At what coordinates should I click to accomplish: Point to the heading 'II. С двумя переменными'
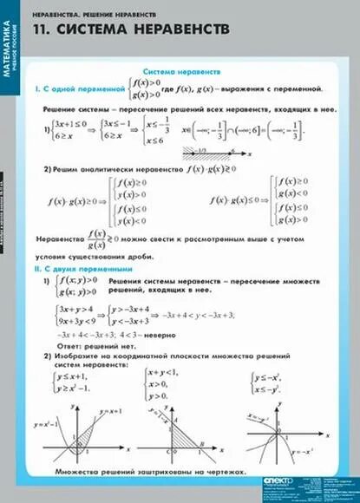coord(82,271)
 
